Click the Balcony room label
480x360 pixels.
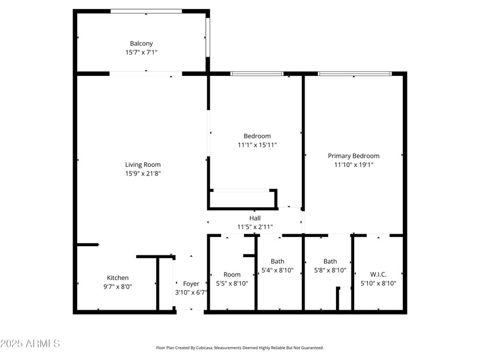click(141, 43)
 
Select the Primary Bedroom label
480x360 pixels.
click(353, 155)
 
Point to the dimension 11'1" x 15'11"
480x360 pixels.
click(257, 145)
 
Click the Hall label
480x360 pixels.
click(255, 218)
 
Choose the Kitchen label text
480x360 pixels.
click(118, 278)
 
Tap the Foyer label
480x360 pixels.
click(191, 283)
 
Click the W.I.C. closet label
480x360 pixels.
click(378, 274)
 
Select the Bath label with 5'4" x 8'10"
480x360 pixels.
click(277, 262)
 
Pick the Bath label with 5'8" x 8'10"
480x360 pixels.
click(330, 262)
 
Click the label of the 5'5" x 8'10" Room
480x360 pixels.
click(232, 274)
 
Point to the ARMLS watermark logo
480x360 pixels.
click(30, 343)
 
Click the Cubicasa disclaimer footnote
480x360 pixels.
click(240, 347)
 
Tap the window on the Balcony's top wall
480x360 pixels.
click(146, 11)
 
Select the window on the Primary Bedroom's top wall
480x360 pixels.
click(354, 74)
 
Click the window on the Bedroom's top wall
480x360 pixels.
click(257, 74)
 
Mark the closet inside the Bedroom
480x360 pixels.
click(242, 199)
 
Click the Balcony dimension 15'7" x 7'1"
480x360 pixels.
click(141, 52)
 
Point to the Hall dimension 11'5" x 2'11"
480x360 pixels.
click(255, 227)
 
